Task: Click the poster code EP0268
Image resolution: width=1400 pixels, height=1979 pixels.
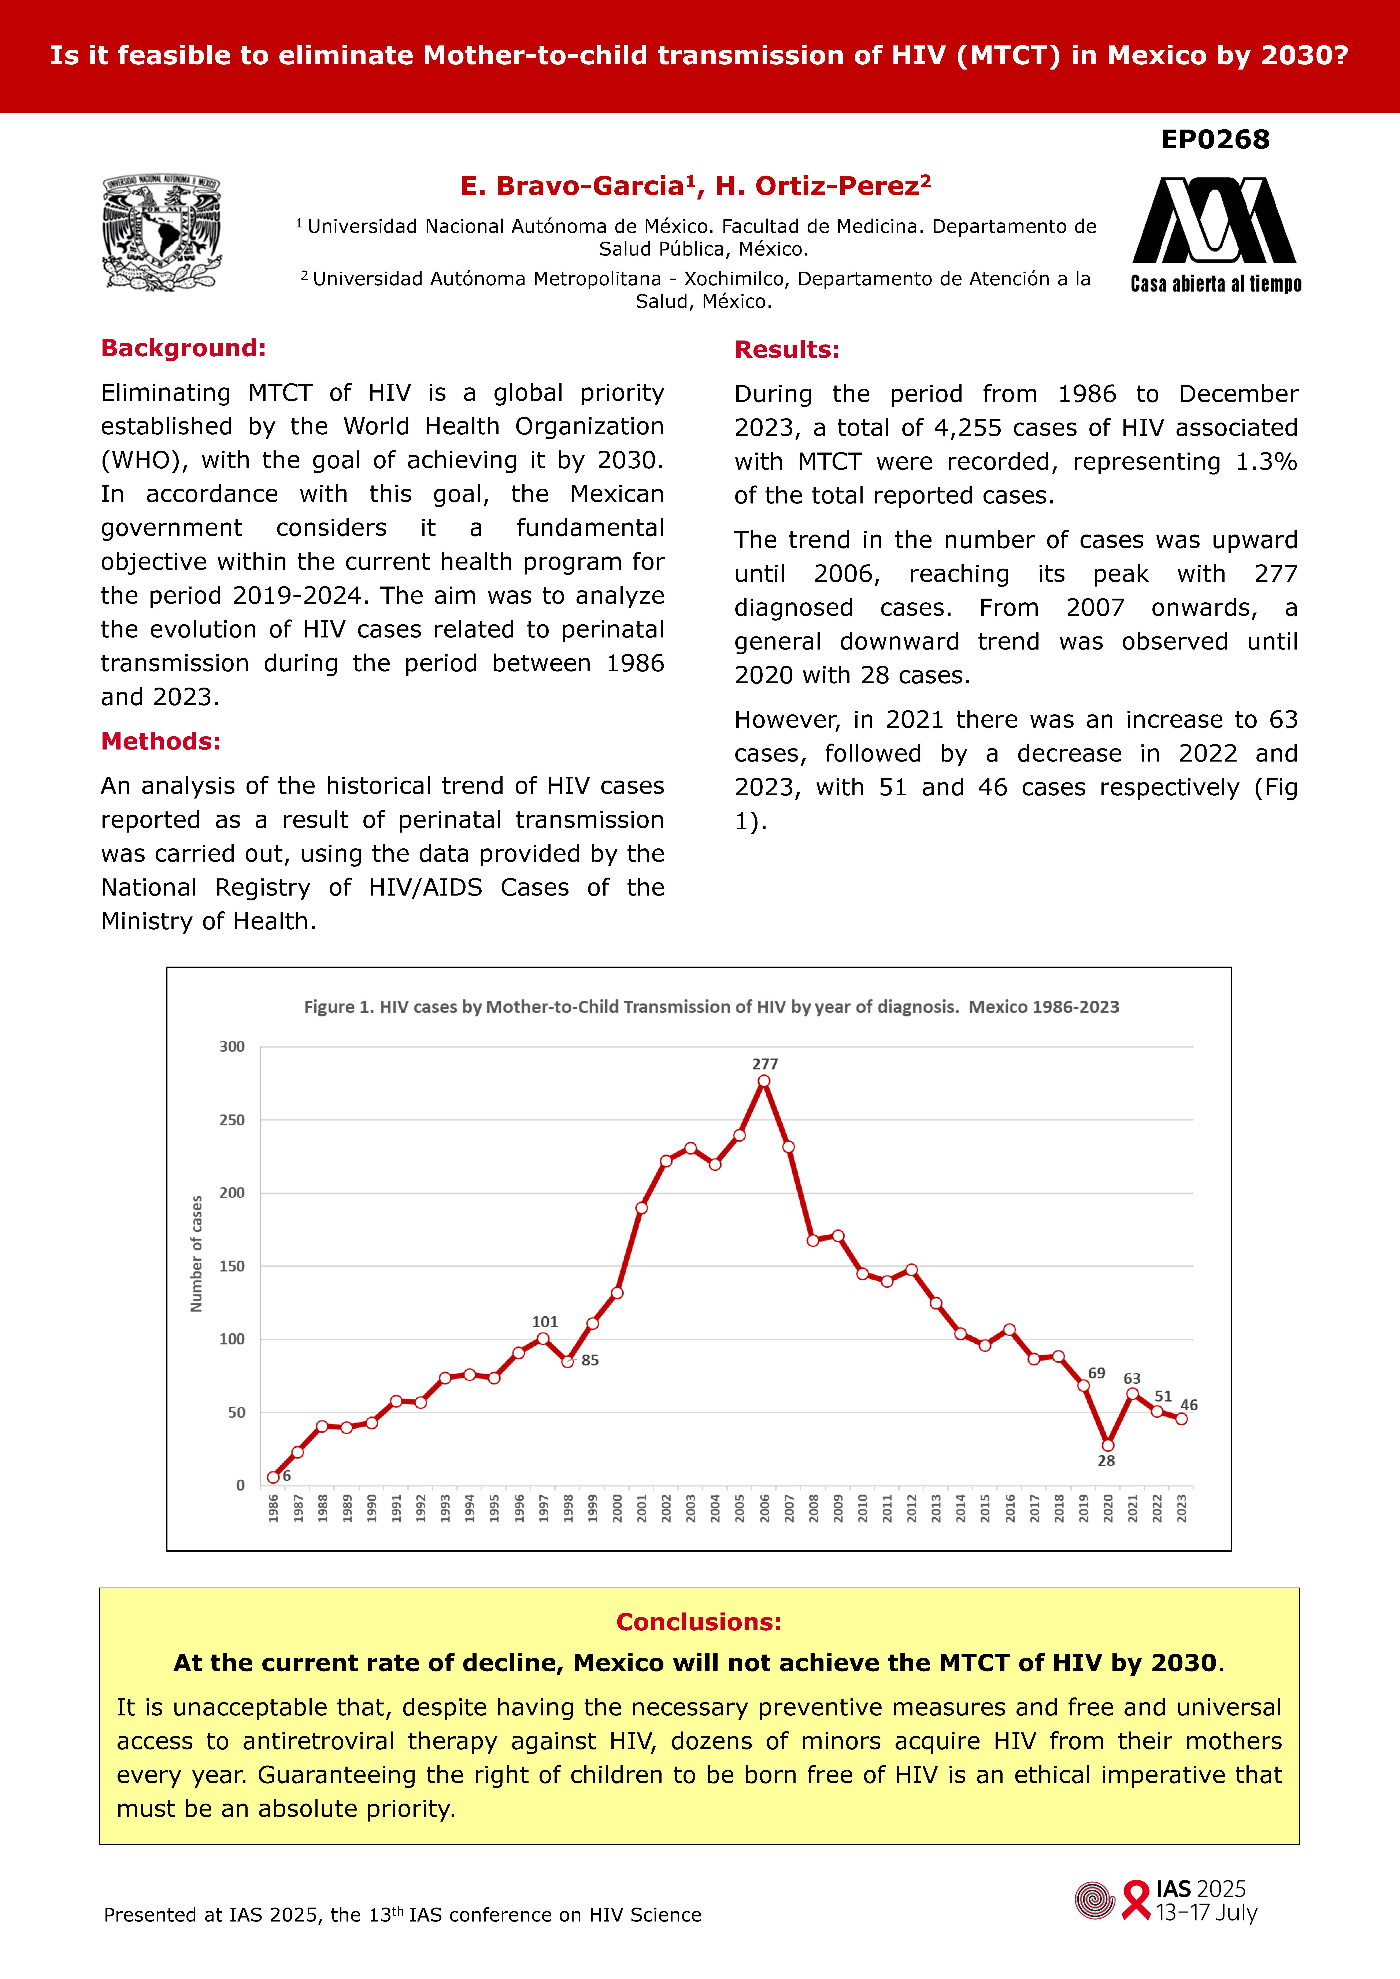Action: (1215, 140)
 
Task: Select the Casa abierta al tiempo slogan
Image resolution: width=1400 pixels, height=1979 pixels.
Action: (1215, 284)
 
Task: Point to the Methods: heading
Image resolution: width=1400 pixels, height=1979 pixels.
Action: (160, 741)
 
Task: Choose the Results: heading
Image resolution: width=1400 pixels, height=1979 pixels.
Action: (786, 350)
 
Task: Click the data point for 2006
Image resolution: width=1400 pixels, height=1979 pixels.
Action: (764, 1081)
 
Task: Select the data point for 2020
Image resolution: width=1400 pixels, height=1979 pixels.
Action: (1108, 1446)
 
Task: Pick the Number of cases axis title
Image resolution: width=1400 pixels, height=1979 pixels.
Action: (197, 1254)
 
